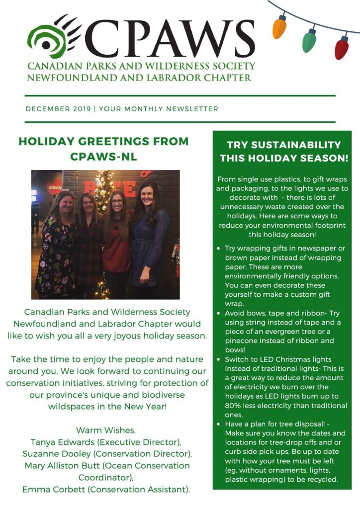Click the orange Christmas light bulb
coord(280,27)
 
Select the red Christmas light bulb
coord(342,48)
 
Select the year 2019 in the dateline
coord(82,109)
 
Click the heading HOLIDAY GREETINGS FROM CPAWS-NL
coord(103,149)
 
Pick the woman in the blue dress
coord(149,234)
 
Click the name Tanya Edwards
coord(60,441)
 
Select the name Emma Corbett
coord(53,489)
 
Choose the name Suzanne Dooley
coord(56,453)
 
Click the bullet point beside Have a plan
coord(219,424)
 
